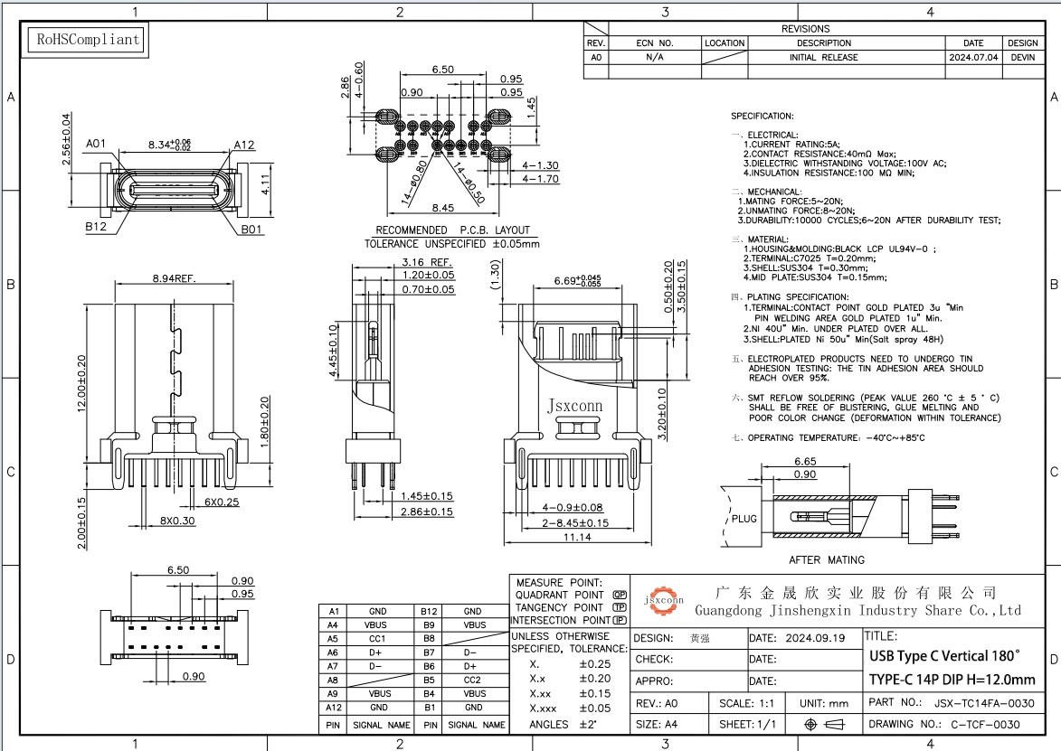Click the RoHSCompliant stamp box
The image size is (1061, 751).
[x=87, y=40]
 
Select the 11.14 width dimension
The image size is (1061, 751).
[x=576, y=537]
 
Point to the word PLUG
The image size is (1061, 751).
[x=744, y=519]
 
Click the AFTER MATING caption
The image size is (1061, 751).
[x=826, y=559]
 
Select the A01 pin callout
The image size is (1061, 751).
[x=97, y=143]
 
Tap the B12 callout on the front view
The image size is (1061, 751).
[x=97, y=228]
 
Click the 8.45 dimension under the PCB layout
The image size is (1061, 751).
[x=443, y=208]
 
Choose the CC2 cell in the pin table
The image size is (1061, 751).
[x=472, y=680]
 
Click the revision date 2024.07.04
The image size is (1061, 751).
[x=973, y=57]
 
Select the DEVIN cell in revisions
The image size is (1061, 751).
[x=1022, y=57]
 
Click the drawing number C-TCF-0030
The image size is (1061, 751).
[x=985, y=724]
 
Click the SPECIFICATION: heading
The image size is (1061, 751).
[x=762, y=117]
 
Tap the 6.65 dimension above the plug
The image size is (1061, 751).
[x=804, y=461]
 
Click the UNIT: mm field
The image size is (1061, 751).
[x=824, y=702]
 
